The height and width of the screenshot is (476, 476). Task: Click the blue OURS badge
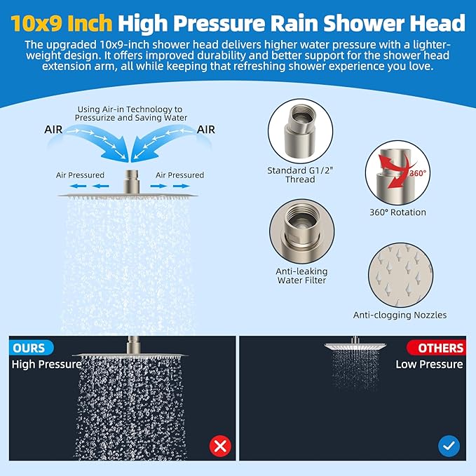(x=29, y=348)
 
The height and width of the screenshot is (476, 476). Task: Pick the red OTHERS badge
(x=436, y=348)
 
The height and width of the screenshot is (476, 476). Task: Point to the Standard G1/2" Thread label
(x=299, y=175)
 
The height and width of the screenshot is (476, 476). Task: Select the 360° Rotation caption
(x=397, y=212)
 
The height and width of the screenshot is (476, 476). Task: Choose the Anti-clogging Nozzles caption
(x=400, y=315)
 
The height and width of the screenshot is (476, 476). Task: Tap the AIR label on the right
(x=206, y=130)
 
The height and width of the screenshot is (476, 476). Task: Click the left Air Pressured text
(x=81, y=175)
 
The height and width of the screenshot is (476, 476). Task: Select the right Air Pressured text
(x=179, y=175)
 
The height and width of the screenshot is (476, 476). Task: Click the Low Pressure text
(x=429, y=364)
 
